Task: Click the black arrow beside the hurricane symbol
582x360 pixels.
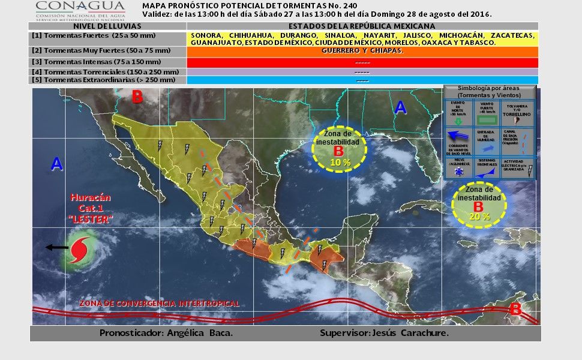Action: coord(56,247)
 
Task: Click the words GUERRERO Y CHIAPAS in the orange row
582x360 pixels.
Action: coord(362,52)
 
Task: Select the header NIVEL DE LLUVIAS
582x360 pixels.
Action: coord(107,26)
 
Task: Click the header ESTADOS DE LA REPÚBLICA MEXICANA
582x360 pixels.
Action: coord(362,26)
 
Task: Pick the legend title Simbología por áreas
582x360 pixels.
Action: coord(490,91)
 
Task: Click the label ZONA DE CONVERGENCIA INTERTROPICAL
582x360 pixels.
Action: coord(160,304)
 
